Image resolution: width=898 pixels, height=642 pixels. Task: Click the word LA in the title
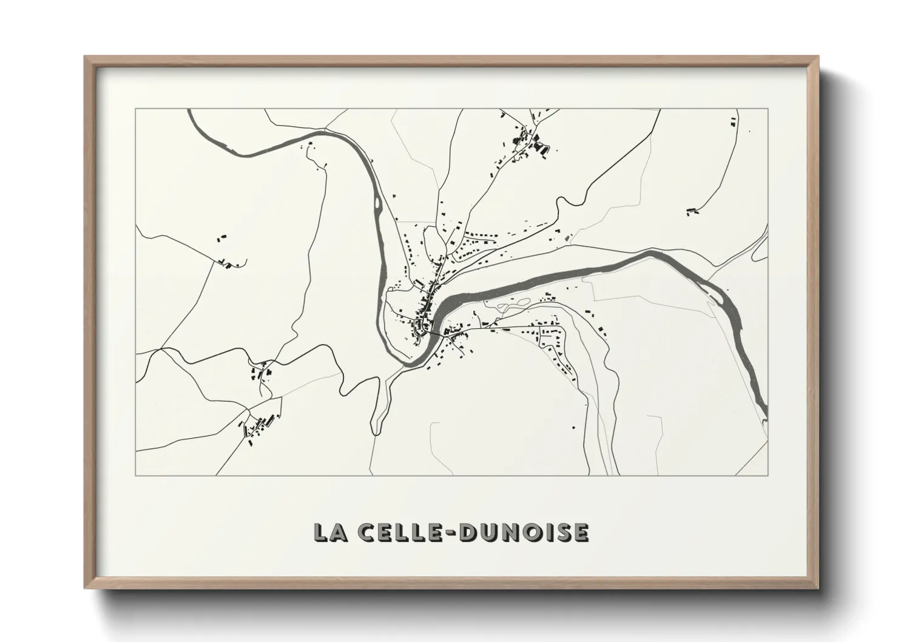click(331, 532)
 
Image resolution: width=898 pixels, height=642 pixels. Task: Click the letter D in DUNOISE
click(470, 532)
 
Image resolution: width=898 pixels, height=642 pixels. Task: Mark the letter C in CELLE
click(367, 532)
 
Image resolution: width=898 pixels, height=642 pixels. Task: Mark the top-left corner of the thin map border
click(136, 109)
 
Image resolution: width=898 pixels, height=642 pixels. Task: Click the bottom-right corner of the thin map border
click(768, 475)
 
